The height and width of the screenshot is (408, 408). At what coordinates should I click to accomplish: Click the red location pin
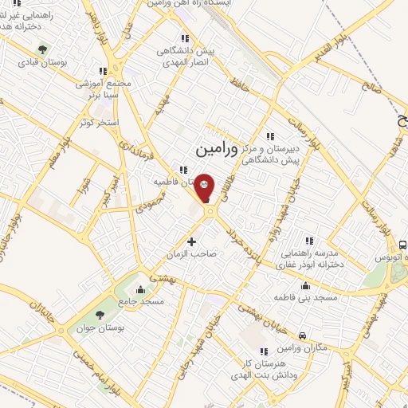pyautogui.click(x=205, y=187)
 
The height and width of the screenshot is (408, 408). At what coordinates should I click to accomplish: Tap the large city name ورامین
pyautogui.click(x=217, y=148)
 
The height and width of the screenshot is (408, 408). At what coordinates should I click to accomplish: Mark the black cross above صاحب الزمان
pyautogui.click(x=190, y=241)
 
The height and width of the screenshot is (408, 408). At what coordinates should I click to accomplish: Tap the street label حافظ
pyautogui.click(x=238, y=82)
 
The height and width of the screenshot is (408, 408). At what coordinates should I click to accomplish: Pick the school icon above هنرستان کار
pyautogui.click(x=263, y=351)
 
